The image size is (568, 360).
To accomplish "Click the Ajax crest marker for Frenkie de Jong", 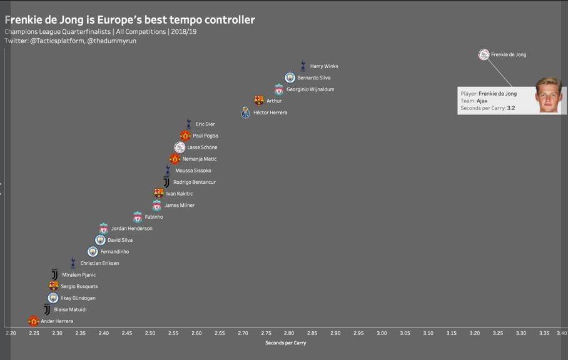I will click(484, 55).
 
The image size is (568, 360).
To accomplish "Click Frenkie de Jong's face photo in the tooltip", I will click(548, 95).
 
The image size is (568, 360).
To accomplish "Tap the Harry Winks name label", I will click(324, 66).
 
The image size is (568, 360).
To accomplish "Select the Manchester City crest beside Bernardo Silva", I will click(290, 77).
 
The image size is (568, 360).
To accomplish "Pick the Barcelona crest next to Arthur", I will click(259, 101).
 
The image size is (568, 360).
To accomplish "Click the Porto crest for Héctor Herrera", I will click(246, 112).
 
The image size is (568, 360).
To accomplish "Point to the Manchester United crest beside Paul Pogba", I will click(185, 136).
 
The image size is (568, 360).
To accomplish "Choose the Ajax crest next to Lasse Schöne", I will click(180, 147).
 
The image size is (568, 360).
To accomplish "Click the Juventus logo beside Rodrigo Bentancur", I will click(166, 182).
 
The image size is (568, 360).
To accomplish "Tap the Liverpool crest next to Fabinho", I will click(138, 217).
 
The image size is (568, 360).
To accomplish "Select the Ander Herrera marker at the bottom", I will click(34, 321).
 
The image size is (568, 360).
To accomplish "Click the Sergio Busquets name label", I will click(79, 286).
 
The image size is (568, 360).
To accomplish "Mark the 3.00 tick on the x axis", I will click(382, 333).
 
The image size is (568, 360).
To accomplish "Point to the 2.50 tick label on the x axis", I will click(150, 333).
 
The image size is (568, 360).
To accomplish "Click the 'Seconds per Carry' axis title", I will click(285, 342).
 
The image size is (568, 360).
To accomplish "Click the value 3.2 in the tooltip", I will click(511, 108).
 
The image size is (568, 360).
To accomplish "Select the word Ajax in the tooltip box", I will click(482, 101).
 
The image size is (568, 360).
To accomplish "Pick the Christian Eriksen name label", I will click(99, 263).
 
